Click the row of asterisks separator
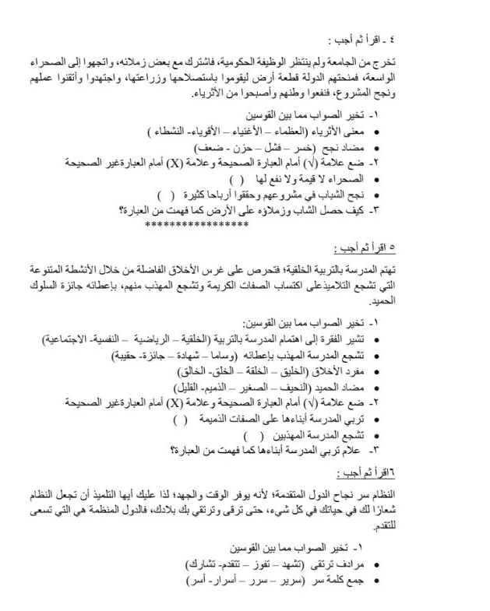(x=196, y=224)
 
